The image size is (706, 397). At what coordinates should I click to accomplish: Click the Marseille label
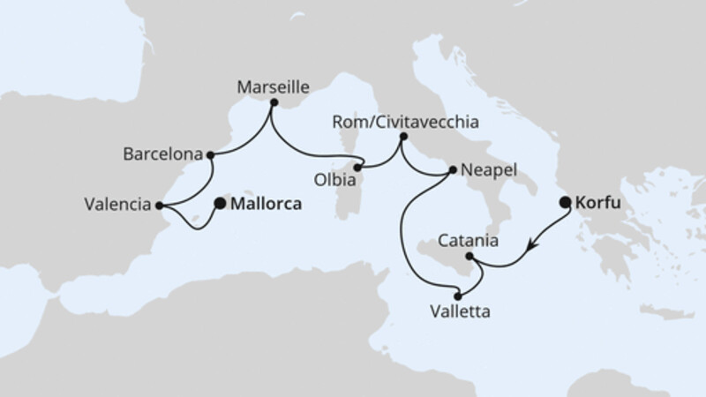point(274,87)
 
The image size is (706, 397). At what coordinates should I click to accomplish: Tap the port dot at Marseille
point(274,103)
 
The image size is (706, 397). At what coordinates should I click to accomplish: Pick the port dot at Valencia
point(158,206)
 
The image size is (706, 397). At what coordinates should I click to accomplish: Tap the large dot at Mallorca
point(219,202)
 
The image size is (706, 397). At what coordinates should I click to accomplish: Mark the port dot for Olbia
point(358,167)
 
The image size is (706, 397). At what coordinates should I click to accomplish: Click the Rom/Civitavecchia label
point(405,123)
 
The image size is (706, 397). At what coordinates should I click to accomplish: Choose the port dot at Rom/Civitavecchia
point(403,137)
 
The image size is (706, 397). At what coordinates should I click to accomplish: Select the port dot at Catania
point(469,257)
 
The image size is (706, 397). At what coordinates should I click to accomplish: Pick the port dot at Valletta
point(457,296)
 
